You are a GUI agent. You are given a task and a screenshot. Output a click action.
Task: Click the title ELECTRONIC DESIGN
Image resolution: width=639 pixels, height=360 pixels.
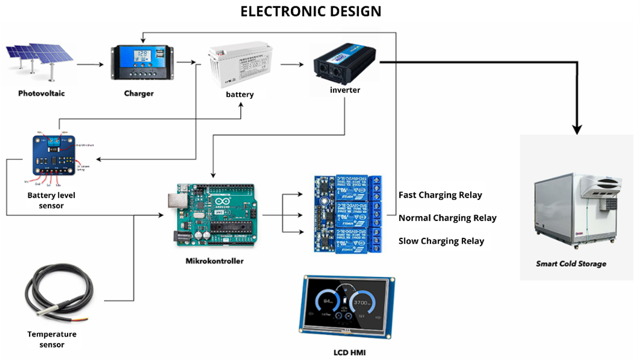(x=311, y=11)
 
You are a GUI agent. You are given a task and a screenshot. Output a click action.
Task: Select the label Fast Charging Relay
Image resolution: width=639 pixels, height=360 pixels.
(x=440, y=195)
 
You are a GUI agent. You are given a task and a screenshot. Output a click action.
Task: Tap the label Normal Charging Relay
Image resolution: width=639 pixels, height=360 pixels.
(x=448, y=218)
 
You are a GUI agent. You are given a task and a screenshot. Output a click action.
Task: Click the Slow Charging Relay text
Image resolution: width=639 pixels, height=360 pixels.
(x=441, y=241)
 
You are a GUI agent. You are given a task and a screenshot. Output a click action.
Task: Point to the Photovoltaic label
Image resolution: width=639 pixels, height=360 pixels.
(x=41, y=94)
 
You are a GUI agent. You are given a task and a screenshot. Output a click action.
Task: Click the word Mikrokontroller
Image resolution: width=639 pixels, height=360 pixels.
(x=214, y=261)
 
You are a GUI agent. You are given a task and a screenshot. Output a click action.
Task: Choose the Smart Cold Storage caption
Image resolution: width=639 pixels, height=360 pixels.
(x=571, y=264)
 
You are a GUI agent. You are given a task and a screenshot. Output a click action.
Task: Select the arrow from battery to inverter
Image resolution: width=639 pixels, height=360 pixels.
(x=293, y=64)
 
